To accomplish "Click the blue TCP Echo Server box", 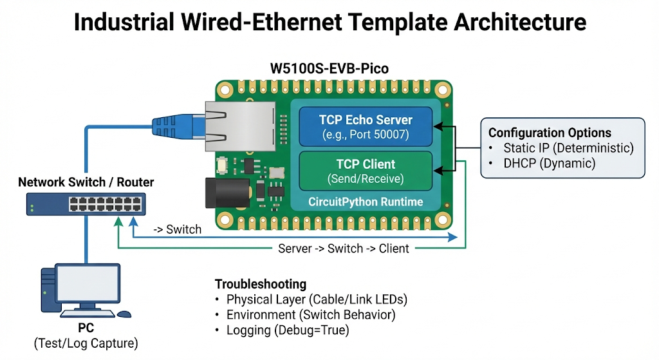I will [x=366, y=127].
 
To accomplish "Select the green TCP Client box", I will [x=366, y=171].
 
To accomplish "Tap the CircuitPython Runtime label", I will [x=366, y=202].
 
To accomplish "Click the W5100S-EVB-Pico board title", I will [x=331, y=68].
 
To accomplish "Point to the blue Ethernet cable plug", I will [x=174, y=124].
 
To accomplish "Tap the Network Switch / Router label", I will [x=86, y=182].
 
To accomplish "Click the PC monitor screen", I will [x=88, y=284].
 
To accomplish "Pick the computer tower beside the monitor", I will [x=49, y=290].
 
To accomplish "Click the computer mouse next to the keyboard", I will [x=124, y=314].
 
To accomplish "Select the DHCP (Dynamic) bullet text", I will [x=550, y=164].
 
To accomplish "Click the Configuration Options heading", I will [x=550, y=133].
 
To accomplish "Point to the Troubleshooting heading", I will [x=261, y=284].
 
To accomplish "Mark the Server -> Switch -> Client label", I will [x=343, y=249].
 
